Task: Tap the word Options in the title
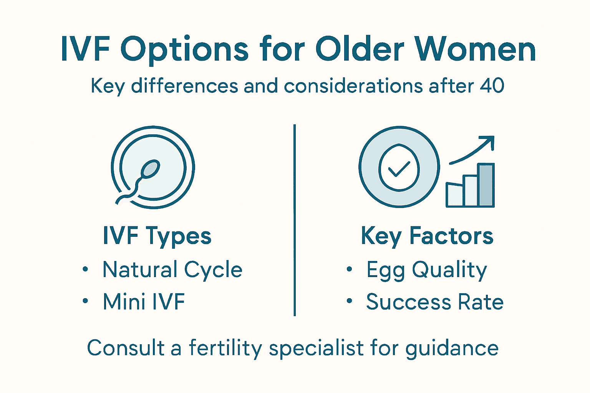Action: pos(184,50)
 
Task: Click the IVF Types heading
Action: pos(157,236)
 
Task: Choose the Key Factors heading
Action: pos(427,236)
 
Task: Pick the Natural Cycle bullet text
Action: pos(172,269)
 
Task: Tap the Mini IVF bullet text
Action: pos(144,302)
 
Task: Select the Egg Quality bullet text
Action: pos(426,270)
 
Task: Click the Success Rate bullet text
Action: pos(434,302)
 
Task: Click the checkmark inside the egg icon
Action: pos(399,169)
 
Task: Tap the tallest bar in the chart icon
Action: pos(486,185)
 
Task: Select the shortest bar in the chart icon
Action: pos(454,195)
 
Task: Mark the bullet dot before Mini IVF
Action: pos(85,301)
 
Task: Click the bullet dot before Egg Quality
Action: pos(349,269)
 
